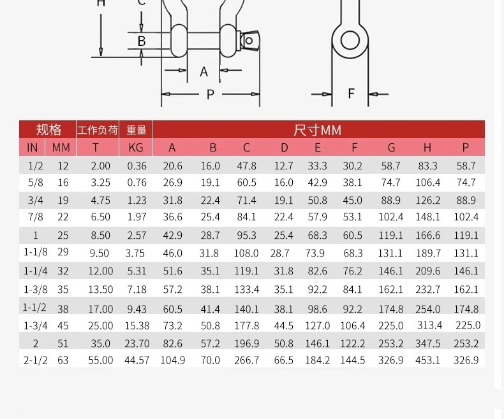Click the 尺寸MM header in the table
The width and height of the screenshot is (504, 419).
pos(317,131)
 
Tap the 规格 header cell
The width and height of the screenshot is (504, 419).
pos(48,130)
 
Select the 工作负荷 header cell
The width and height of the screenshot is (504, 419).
pos(98,131)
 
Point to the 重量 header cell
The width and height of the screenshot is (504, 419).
pos(137,130)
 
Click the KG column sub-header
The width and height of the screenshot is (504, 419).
pos(136,148)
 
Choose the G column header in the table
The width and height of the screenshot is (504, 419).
pos(391,148)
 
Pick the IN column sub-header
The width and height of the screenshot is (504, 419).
pos(32,148)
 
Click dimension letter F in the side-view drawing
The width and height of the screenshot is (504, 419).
pos(351,94)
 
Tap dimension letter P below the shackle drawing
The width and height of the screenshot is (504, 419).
pos(211,95)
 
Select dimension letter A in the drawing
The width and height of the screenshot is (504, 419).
pos(204,71)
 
